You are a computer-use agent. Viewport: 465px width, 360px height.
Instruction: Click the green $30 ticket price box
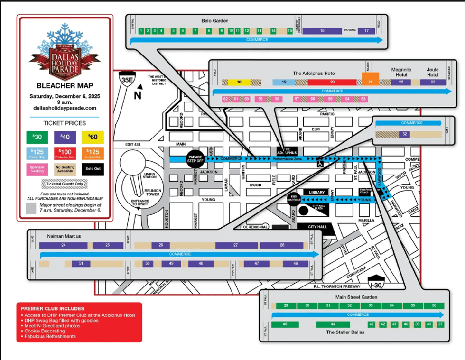pyautogui.click(x=37, y=138)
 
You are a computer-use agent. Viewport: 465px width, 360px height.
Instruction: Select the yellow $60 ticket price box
pyautogui.click(x=93, y=138)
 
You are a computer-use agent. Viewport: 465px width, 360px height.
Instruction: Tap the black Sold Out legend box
pyautogui.click(x=93, y=169)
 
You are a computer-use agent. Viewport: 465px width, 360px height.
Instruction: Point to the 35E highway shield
pyautogui.click(x=127, y=80)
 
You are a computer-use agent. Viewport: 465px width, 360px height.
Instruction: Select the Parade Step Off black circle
pyautogui.click(x=195, y=158)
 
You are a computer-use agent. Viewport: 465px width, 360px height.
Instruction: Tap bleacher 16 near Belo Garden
pyautogui.click(x=322, y=31)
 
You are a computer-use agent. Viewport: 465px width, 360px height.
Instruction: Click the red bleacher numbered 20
pyautogui.click(x=332, y=82)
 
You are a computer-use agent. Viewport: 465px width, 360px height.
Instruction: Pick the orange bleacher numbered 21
pyautogui.click(x=371, y=79)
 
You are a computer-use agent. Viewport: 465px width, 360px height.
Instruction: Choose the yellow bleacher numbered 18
pyautogui.click(x=239, y=82)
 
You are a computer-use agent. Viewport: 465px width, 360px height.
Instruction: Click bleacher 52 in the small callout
pyautogui.click(x=405, y=134)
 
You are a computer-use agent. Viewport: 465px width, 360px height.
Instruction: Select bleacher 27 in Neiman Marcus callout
pyautogui.click(x=236, y=245)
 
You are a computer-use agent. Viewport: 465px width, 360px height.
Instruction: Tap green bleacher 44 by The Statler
pyautogui.click(x=333, y=324)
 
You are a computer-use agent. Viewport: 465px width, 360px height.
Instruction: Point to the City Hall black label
pyautogui.click(x=317, y=227)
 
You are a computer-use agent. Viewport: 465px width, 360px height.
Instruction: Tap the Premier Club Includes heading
pyautogui.click(x=53, y=308)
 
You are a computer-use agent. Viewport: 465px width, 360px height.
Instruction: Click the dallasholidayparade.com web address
pyautogui.click(x=65, y=108)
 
